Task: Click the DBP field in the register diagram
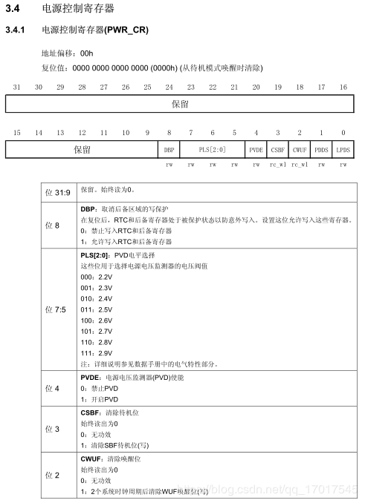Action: [x=169, y=150]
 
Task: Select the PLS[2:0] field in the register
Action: [x=213, y=150]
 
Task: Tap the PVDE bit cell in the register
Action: [x=256, y=150]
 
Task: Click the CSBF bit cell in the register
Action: [x=278, y=150]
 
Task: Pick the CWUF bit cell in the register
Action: [x=300, y=150]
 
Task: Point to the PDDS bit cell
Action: [x=321, y=150]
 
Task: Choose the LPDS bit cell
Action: [x=343, y=150]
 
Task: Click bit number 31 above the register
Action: [x=16, y=88]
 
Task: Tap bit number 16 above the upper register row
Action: [x=343, y=88]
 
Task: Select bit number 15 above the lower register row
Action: [x=16, y=133]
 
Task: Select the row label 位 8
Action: [x=52, y=226]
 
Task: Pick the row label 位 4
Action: [x=52, y=388]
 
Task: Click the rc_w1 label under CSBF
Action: [x=278, y=165]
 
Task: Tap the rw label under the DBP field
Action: [x=169, y=165]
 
